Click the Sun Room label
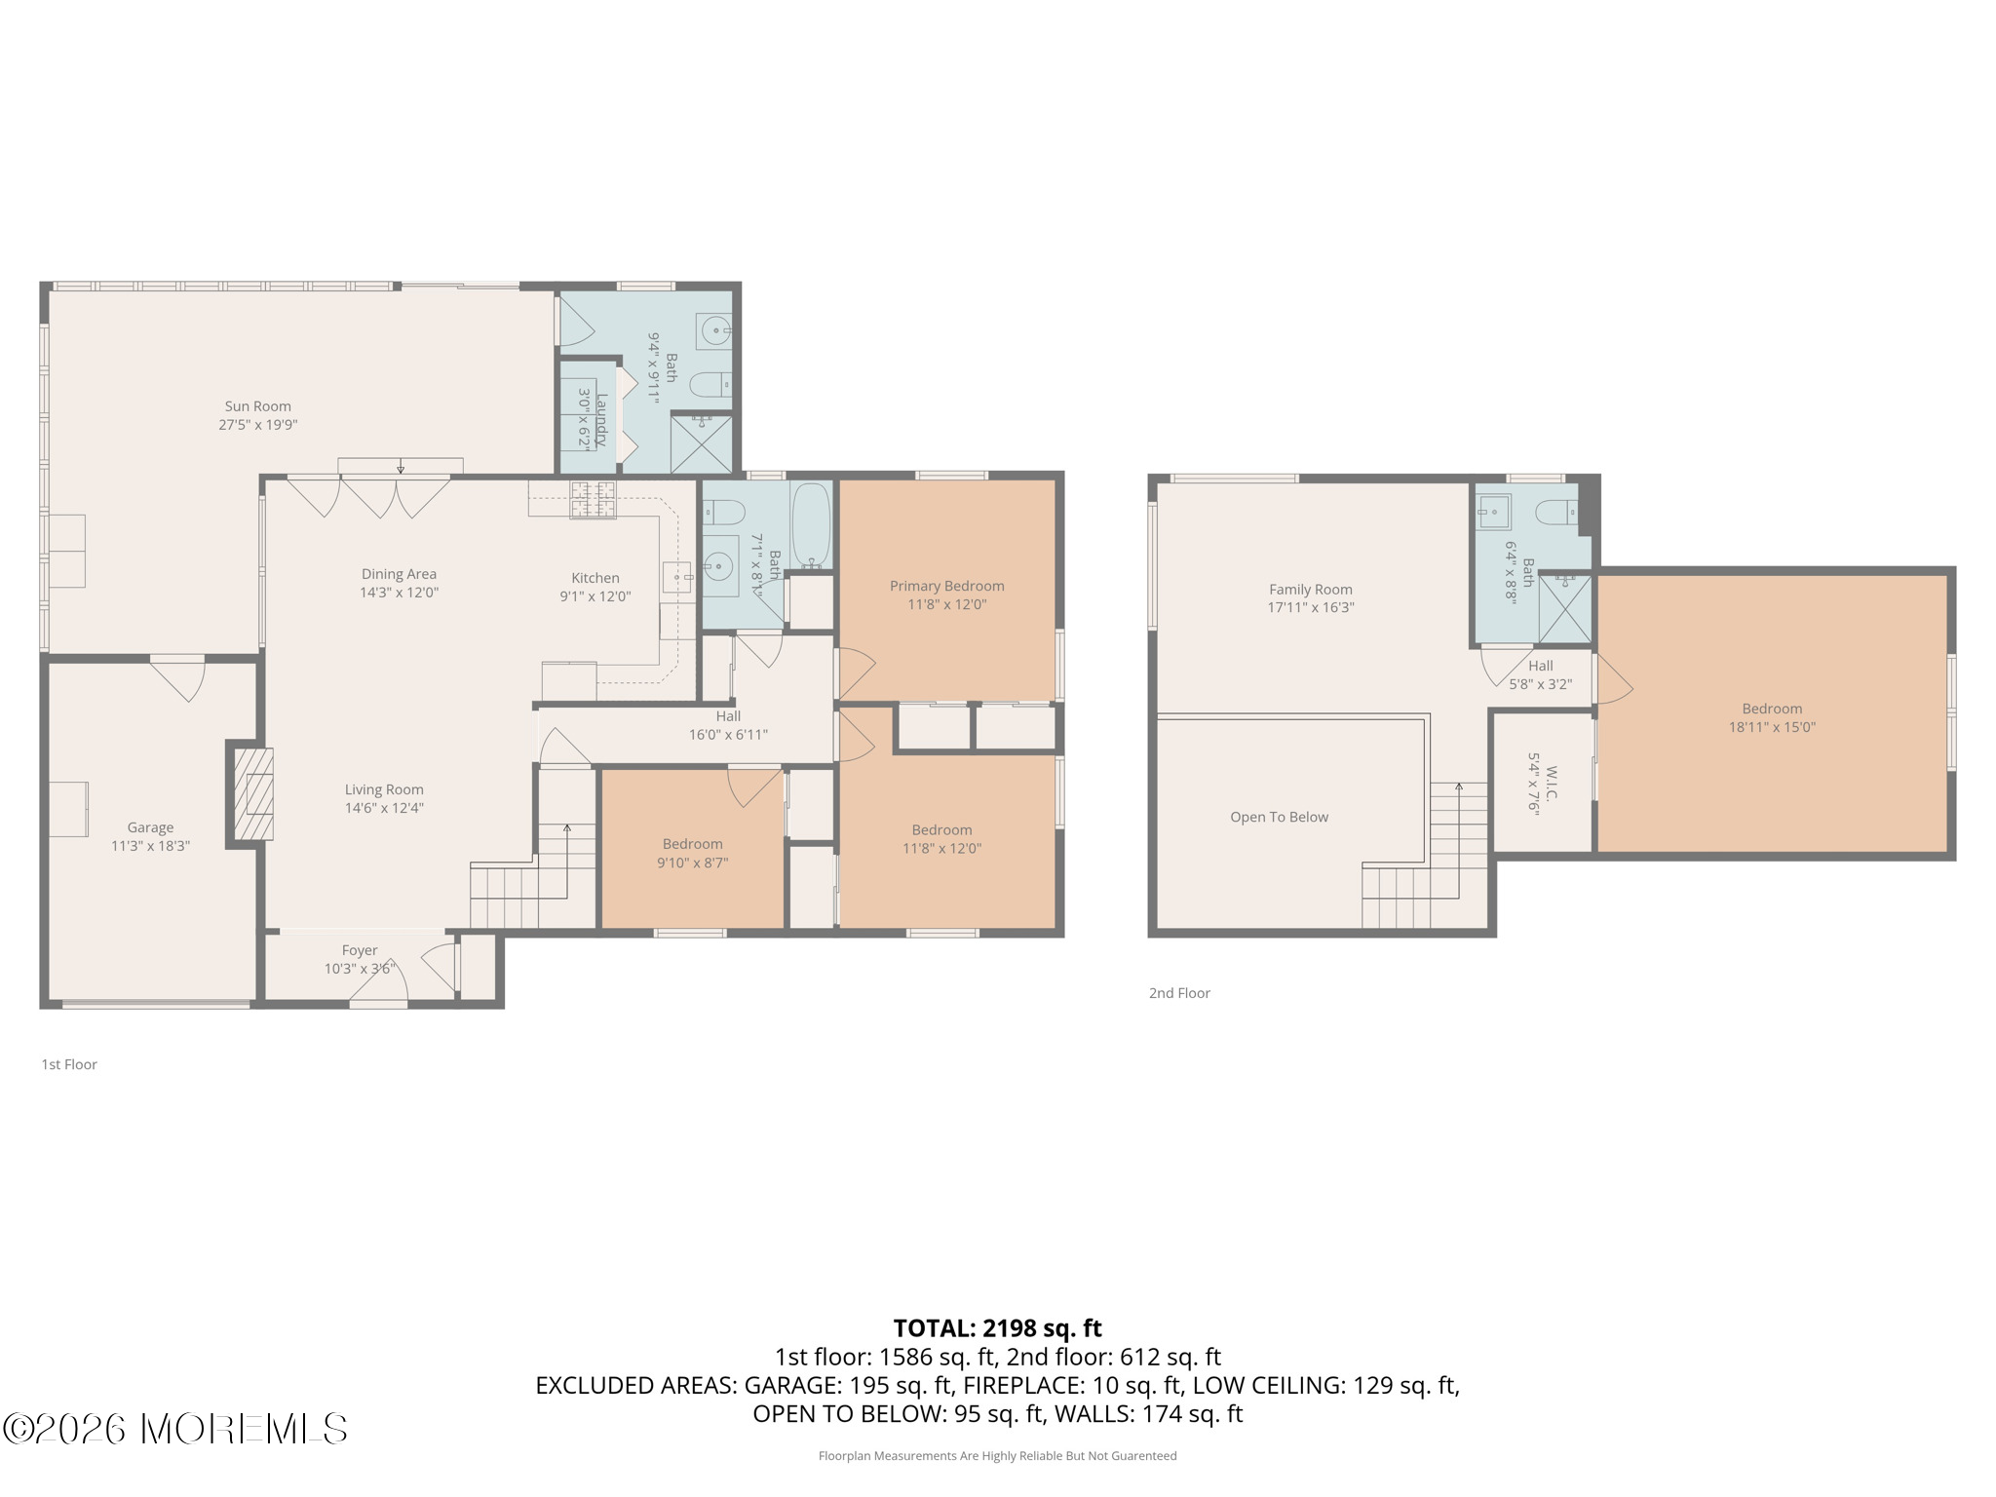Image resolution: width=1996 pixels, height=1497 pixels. [x=257, y=406]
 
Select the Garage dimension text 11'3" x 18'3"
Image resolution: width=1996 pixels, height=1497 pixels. [x=150, y=846]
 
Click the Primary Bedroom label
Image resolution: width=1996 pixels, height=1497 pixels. [x=946, y=586]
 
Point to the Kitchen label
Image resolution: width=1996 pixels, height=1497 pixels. [x=595, y=578]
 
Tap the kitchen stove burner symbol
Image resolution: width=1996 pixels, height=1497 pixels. [x=594, y=499]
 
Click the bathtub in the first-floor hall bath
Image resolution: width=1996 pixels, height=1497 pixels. [x=811, y=525]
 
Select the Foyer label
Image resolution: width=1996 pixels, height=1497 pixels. [x=360, y=950]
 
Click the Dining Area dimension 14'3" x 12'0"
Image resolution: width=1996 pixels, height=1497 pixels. [x=400, y=593]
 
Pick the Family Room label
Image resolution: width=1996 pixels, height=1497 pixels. [x=1311, y=589]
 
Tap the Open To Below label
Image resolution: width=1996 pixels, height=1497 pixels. [x=1279, y=817]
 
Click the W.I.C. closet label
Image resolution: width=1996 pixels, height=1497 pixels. [x=1552, y=782]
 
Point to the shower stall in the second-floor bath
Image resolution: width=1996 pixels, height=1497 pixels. [x=1565, y=609]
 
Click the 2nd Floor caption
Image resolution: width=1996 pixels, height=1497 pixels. [x=1179, y=993]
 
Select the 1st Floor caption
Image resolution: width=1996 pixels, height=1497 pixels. [x=69, y=1064]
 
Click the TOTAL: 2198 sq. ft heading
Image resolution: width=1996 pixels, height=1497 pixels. [x=998, y=1328]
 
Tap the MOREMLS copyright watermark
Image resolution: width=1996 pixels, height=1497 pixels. [x=174, y=1429]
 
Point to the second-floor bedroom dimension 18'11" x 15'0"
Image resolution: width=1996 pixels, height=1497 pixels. [x=1772, y=727]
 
